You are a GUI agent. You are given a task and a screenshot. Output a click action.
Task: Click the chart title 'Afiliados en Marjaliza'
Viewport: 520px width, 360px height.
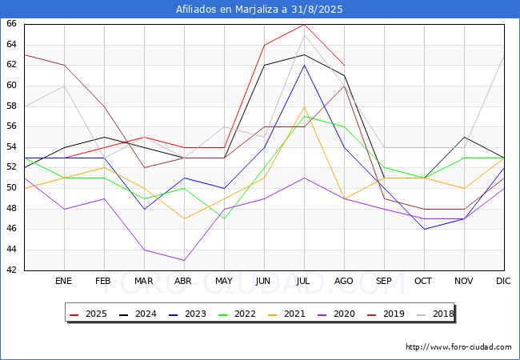(x=260, y=9)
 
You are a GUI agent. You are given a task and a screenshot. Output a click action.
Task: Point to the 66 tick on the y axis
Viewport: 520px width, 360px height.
(x=12, y=24)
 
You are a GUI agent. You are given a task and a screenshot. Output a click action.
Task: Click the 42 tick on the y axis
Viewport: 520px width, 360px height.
(x=12, y=270)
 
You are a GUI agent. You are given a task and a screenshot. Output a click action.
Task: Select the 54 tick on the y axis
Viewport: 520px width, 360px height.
(x=12, y=147)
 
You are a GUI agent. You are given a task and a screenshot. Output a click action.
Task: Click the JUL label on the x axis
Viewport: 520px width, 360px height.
(x=304, y=282)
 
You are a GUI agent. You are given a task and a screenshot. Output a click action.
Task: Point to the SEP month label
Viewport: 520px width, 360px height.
(x=384, y=282)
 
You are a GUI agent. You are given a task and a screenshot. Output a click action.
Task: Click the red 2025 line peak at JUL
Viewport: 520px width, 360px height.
(x=304, y=24)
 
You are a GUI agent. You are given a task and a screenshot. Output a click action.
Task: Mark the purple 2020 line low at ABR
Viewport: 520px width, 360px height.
(x=184, y=260)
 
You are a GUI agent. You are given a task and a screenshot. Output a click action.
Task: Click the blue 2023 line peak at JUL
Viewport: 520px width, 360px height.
(x=304, y=65)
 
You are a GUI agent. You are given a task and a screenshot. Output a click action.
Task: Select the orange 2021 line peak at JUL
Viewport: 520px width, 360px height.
(x=304, y=106)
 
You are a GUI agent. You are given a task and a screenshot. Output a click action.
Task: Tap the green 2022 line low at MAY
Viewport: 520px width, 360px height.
(x=224, y=218)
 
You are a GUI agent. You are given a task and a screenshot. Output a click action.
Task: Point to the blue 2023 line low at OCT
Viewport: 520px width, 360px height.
(x=424, y=229)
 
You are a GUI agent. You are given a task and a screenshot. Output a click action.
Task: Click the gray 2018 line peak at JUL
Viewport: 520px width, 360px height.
(x=304, y=34)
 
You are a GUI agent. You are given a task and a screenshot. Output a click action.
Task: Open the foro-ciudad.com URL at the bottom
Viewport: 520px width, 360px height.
(x=458, y=347)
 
